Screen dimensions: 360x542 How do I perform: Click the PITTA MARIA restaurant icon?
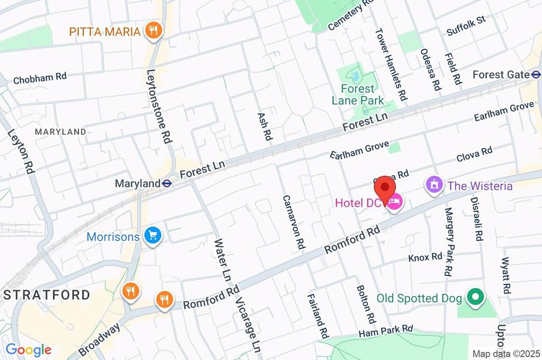coord(153,31)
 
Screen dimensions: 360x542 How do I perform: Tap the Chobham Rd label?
coord(40,78)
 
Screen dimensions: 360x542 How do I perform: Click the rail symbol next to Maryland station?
coord(167,184)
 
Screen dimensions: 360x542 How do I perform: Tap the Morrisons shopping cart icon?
coord(153,236)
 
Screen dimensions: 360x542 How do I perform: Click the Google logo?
coord(28,350)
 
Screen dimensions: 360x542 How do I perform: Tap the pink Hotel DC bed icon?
coord(395,202)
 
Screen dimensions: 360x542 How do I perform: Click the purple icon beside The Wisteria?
coord(434,185)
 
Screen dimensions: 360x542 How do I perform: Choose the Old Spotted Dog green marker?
coord(475,298)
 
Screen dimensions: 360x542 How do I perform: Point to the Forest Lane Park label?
coord(358,94)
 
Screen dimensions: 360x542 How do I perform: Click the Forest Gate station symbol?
coord(536,75)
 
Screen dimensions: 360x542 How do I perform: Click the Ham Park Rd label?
coord(385,331)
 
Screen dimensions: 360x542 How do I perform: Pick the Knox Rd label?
coord(425,257)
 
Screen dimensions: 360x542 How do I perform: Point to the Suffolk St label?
coord(466,26)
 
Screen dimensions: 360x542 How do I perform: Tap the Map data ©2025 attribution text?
coord(506,354)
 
